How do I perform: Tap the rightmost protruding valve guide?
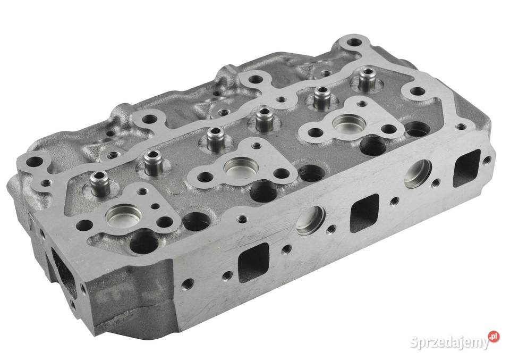pos(365,80)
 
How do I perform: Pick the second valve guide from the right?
pos(320,97)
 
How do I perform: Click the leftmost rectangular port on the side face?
pos(253,262)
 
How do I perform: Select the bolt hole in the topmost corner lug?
pos(352,43)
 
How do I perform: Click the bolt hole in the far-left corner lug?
pos(33,161)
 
